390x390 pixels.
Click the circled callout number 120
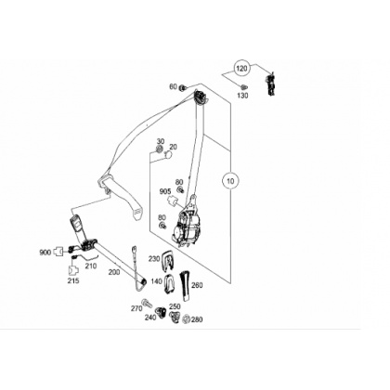tap(241, 68)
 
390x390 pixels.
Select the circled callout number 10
tap(230, 180)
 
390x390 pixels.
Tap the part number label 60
tap(173, 87)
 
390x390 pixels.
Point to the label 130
tap(242, 96)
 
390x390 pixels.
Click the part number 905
tap(165, 192)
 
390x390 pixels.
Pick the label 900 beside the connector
tap(45, 253)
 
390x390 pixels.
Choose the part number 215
tap(73, 280)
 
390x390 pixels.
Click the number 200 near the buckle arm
tap(114, 272)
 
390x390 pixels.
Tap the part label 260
tap(197, 285)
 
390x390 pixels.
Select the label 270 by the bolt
tap(136, 308)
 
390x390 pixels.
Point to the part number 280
tap(197, 319)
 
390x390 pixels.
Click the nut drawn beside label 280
tap(186, 318)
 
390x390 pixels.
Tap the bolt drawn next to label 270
tap(147, 303)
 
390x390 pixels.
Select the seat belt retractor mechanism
tap(187, 226)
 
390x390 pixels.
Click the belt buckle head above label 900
tap(76, 224)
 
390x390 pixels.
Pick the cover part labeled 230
tap(168, 258)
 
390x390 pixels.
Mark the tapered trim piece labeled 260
tap(185, 286)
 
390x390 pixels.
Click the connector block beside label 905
tap(172, 201)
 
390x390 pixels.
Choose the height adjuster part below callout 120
tap(270, 84)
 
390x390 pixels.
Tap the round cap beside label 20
tap(168, 155)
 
